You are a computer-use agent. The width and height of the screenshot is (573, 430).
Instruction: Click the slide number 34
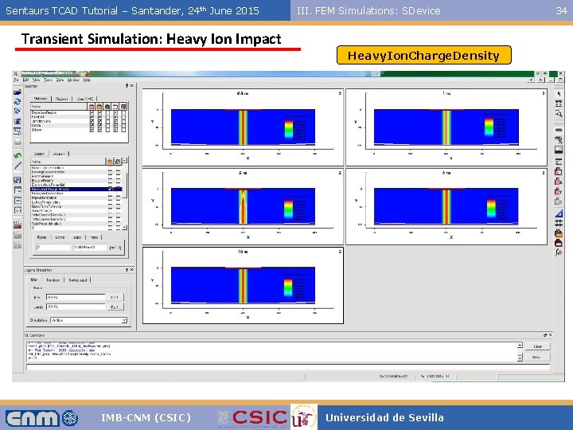coord(561,10)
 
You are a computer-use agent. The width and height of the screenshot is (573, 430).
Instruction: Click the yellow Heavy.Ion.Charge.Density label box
coord(423,56)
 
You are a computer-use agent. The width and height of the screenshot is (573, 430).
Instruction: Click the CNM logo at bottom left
coord(42,417)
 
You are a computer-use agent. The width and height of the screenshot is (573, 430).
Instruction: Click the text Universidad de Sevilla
coord(384,417)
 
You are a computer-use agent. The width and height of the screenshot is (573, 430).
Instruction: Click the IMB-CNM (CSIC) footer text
coord(146,417)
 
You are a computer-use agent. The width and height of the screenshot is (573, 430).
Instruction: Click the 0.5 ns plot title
coord(242,93)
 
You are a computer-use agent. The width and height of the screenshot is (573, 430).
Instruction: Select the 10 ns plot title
coord(242,252)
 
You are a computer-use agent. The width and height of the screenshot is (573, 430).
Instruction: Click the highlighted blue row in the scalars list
coord(76,188)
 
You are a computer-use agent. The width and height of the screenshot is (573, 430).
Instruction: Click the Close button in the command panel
coord(537,346)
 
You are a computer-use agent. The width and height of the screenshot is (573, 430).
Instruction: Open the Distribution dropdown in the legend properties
coord(88,320)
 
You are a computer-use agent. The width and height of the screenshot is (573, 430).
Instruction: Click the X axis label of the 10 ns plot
coord(248,317)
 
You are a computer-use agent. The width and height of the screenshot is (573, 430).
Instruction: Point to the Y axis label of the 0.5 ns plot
coord(152,121)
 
